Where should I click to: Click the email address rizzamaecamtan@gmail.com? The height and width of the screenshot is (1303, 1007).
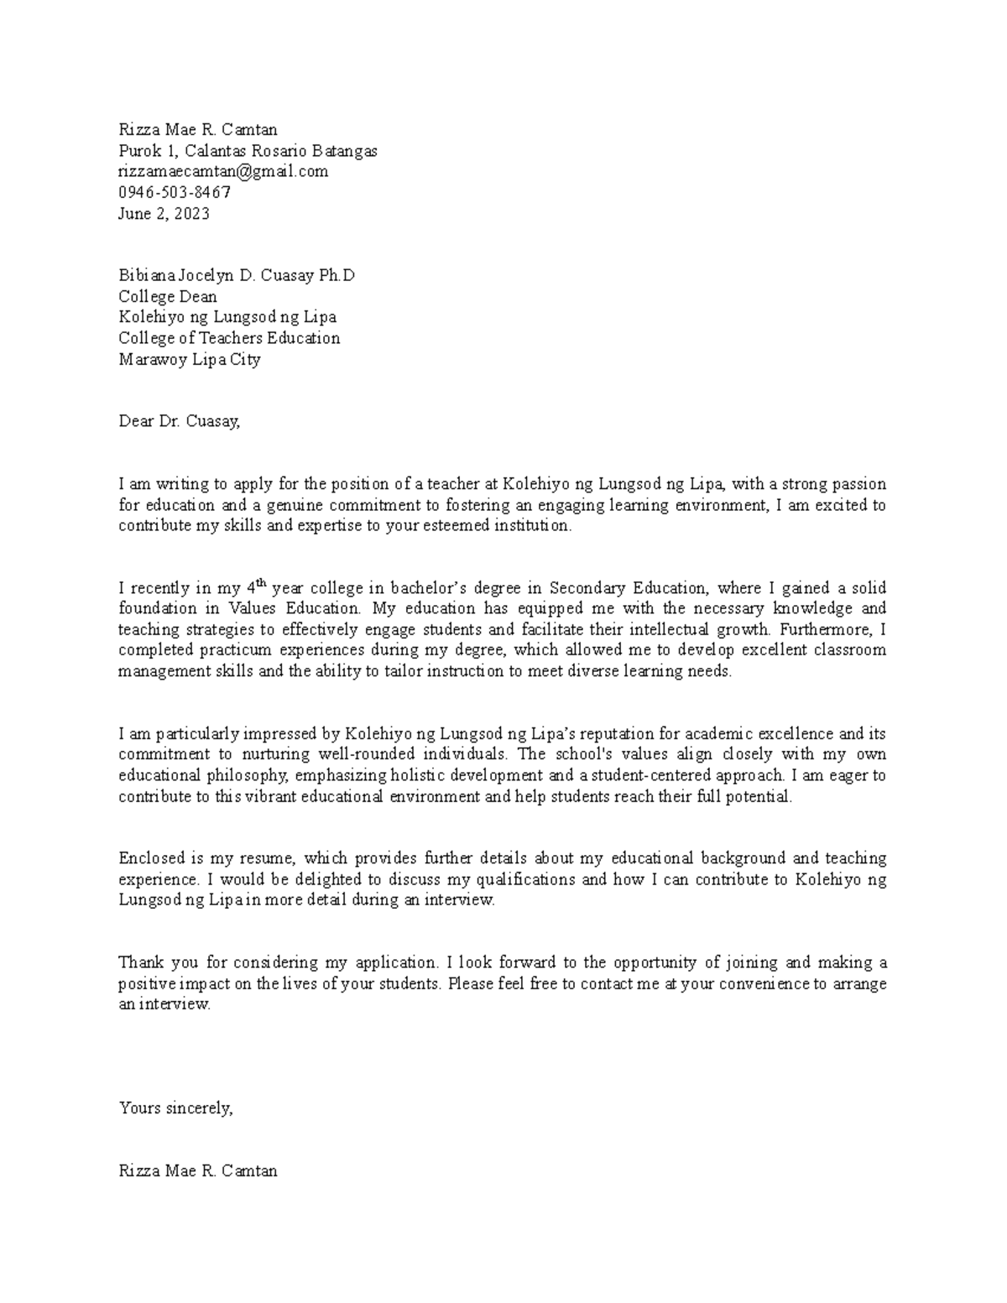(x=223, y=171)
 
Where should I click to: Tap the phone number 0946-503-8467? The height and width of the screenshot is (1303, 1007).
(x=175, y=192)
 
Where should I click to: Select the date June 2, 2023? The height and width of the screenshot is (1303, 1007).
(x=164, y=213)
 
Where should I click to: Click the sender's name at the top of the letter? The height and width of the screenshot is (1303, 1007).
(x=197, y=129)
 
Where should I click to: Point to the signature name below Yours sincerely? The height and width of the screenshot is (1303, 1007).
(x=197, y=1170)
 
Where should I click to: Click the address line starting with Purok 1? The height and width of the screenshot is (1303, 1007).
(x=248, y=151)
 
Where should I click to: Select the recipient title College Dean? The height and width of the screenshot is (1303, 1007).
(x=168, y=296)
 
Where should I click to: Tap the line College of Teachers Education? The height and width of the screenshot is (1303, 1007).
(x=229, y=338)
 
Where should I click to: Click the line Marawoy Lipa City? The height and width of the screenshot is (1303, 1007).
(x=190, y=359)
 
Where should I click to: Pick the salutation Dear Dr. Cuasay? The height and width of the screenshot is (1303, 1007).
(x=180, y=421)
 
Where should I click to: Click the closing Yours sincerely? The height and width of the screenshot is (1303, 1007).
(x=175, y=1108)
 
